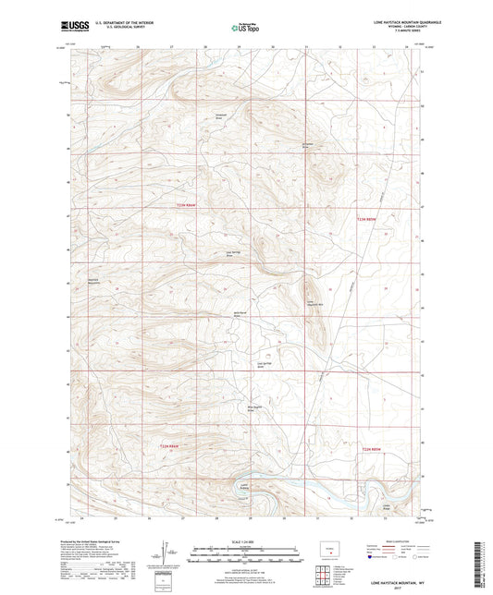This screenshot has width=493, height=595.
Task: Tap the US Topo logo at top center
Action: [x=245, y=29]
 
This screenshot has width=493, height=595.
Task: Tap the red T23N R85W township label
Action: [x=368, y=219]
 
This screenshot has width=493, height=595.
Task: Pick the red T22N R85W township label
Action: [x=371, y=450]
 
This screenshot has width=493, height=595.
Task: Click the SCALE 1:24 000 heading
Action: [x=246, y=541]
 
